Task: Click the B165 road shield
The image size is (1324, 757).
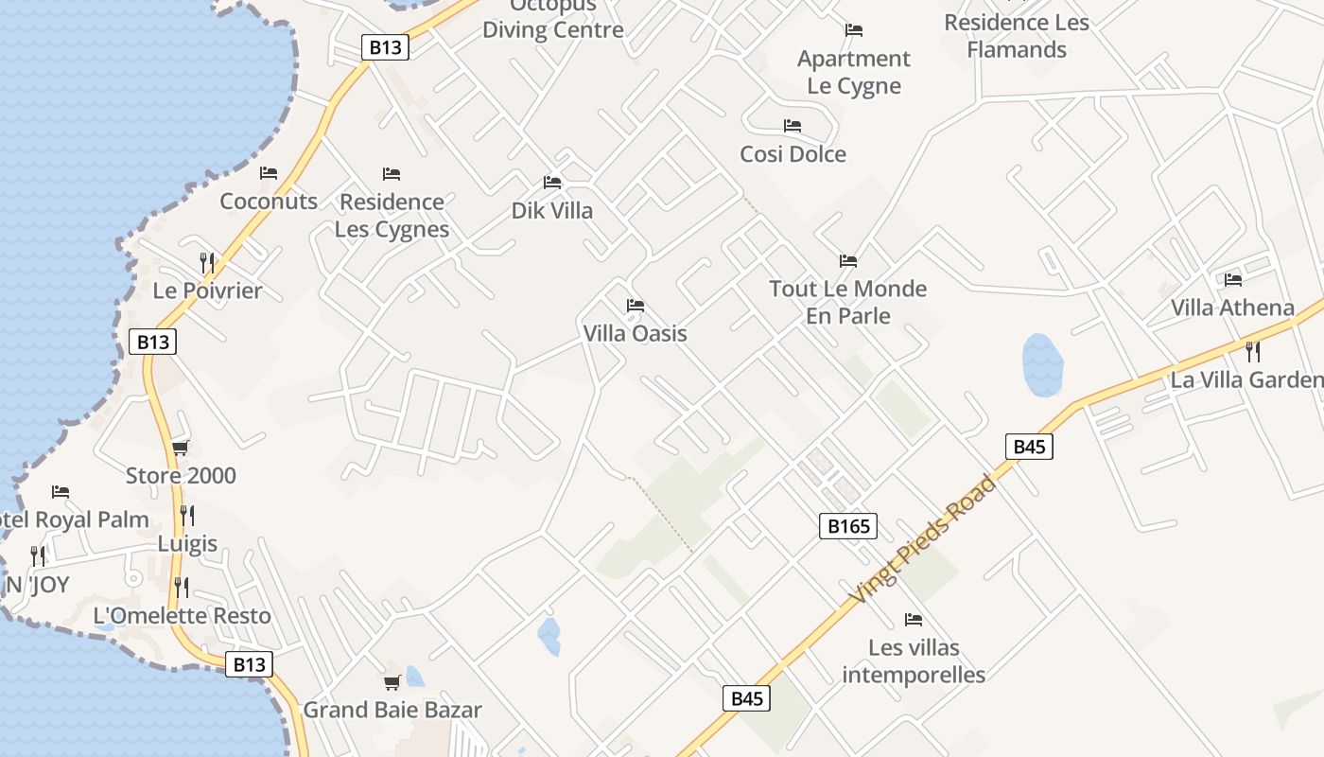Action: click(847, 526)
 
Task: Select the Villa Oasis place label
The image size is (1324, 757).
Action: click(635, 333)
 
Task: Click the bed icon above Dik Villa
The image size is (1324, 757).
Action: click(552, 182)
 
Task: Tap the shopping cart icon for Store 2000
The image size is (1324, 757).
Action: click(180, 448)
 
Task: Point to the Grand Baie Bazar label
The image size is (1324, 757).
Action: click(392, 710)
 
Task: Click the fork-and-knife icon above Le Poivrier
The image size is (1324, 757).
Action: click(207, 262)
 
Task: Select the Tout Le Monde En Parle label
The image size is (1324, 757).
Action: click(847, 302)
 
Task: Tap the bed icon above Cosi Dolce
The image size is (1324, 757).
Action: click(793, 126)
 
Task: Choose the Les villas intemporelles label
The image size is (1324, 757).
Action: click(914, 661)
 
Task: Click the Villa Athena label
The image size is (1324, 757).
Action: click(1232, 308)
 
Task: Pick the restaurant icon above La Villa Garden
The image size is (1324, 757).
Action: click(1253, 352)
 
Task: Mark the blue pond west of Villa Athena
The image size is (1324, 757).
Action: click(1042, 364)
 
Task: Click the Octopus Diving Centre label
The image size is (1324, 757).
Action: click(553, 19)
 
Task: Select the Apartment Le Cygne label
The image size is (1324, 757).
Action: click(853, 72)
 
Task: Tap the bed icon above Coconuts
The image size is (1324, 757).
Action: click(269, 173)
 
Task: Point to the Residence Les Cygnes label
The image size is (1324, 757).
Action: click(392, 216)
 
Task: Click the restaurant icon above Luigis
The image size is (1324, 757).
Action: click(187, 516)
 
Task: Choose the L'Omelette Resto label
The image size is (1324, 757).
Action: click(182, 616)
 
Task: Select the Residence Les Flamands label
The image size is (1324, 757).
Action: click(1017, 36)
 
